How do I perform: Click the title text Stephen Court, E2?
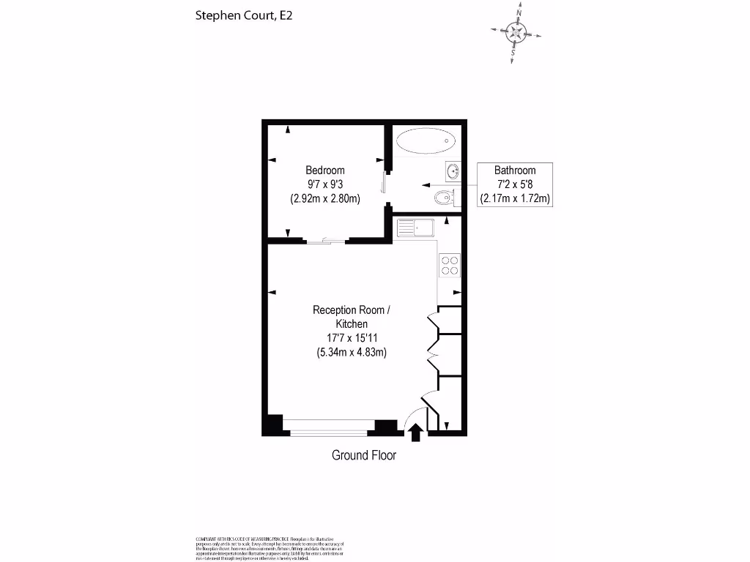tap(243, 15)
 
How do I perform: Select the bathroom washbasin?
tap(453, 172)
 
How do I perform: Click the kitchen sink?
tap(415, 228)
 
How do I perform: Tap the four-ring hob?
tap(449, 265)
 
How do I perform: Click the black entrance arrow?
tap(415, 433)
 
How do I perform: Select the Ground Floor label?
tap(364, 455)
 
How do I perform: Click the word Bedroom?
tap(325, 171)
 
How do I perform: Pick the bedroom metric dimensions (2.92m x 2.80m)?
tap(325, 198)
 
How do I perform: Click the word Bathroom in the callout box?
tap(514, 171)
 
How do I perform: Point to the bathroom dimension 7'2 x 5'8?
tap(514, 184)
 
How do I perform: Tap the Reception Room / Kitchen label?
tap(352, 317)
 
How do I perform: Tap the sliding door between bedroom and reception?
tap(324, 240)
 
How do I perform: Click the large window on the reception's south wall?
tap(329, 427)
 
